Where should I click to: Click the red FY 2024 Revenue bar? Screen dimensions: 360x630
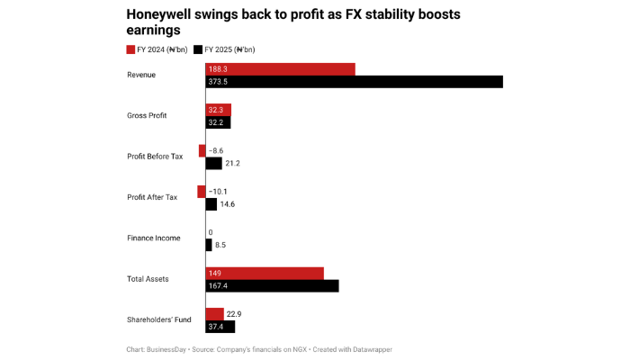[x=280, y=68]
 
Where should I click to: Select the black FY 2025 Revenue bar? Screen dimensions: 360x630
[x=354, y=82]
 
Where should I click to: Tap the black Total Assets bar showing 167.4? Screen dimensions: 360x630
[x=272, y=286]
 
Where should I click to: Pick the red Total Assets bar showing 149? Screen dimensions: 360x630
[x=264, y=273]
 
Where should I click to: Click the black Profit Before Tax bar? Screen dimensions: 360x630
[x=214, y=164]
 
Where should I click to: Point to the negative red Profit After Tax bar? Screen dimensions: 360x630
[x=202, y=191]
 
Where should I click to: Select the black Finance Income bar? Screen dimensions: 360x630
[x=209, y=245]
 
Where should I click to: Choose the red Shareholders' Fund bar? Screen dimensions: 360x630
[x=214, y=313]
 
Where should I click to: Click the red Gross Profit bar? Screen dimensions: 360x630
[x=219, y=110]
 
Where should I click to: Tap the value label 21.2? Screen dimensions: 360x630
[x=233, y=164]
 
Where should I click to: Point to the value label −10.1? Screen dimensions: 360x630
[x=219, y=192]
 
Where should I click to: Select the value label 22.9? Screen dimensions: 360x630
[x=234, y=313]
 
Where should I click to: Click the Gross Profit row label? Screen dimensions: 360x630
[x=148, y=116]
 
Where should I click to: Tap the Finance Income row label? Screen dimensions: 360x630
[x=154, y=238]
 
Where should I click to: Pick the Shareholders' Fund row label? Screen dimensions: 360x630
[x=154, y=319]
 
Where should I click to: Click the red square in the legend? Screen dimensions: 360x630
[x=130, y=49]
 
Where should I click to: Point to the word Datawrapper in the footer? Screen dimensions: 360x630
[x=367, y=348]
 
